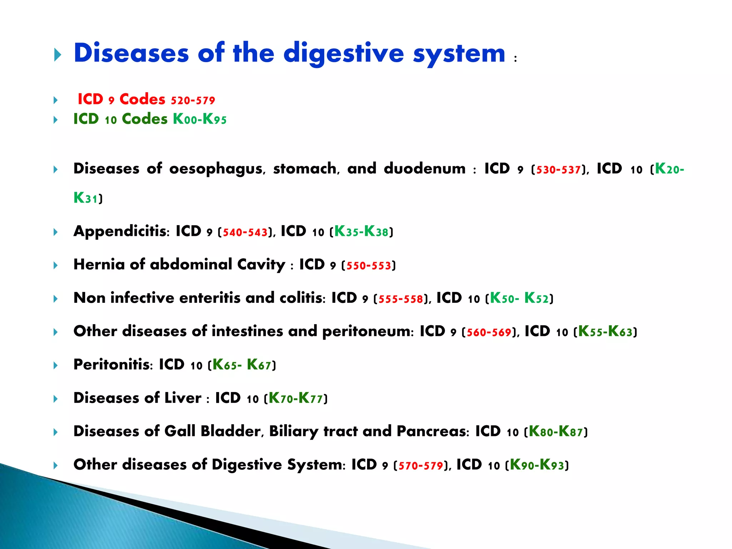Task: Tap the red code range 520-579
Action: pos(193,100)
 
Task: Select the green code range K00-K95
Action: pos(200,119)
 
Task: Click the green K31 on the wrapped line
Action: pos(85,198)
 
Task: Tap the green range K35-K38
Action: pos(361,232)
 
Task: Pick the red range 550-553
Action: pos(369,266)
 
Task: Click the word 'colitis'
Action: pos(302,298)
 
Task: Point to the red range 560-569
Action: pos(489,332)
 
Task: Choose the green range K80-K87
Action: pos(556,432)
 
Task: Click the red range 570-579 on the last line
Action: pos(421,466)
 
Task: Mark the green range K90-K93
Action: pos(537,465)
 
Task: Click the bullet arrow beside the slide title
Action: pos(58,55)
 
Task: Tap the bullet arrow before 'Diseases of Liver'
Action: pos(55,399)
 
